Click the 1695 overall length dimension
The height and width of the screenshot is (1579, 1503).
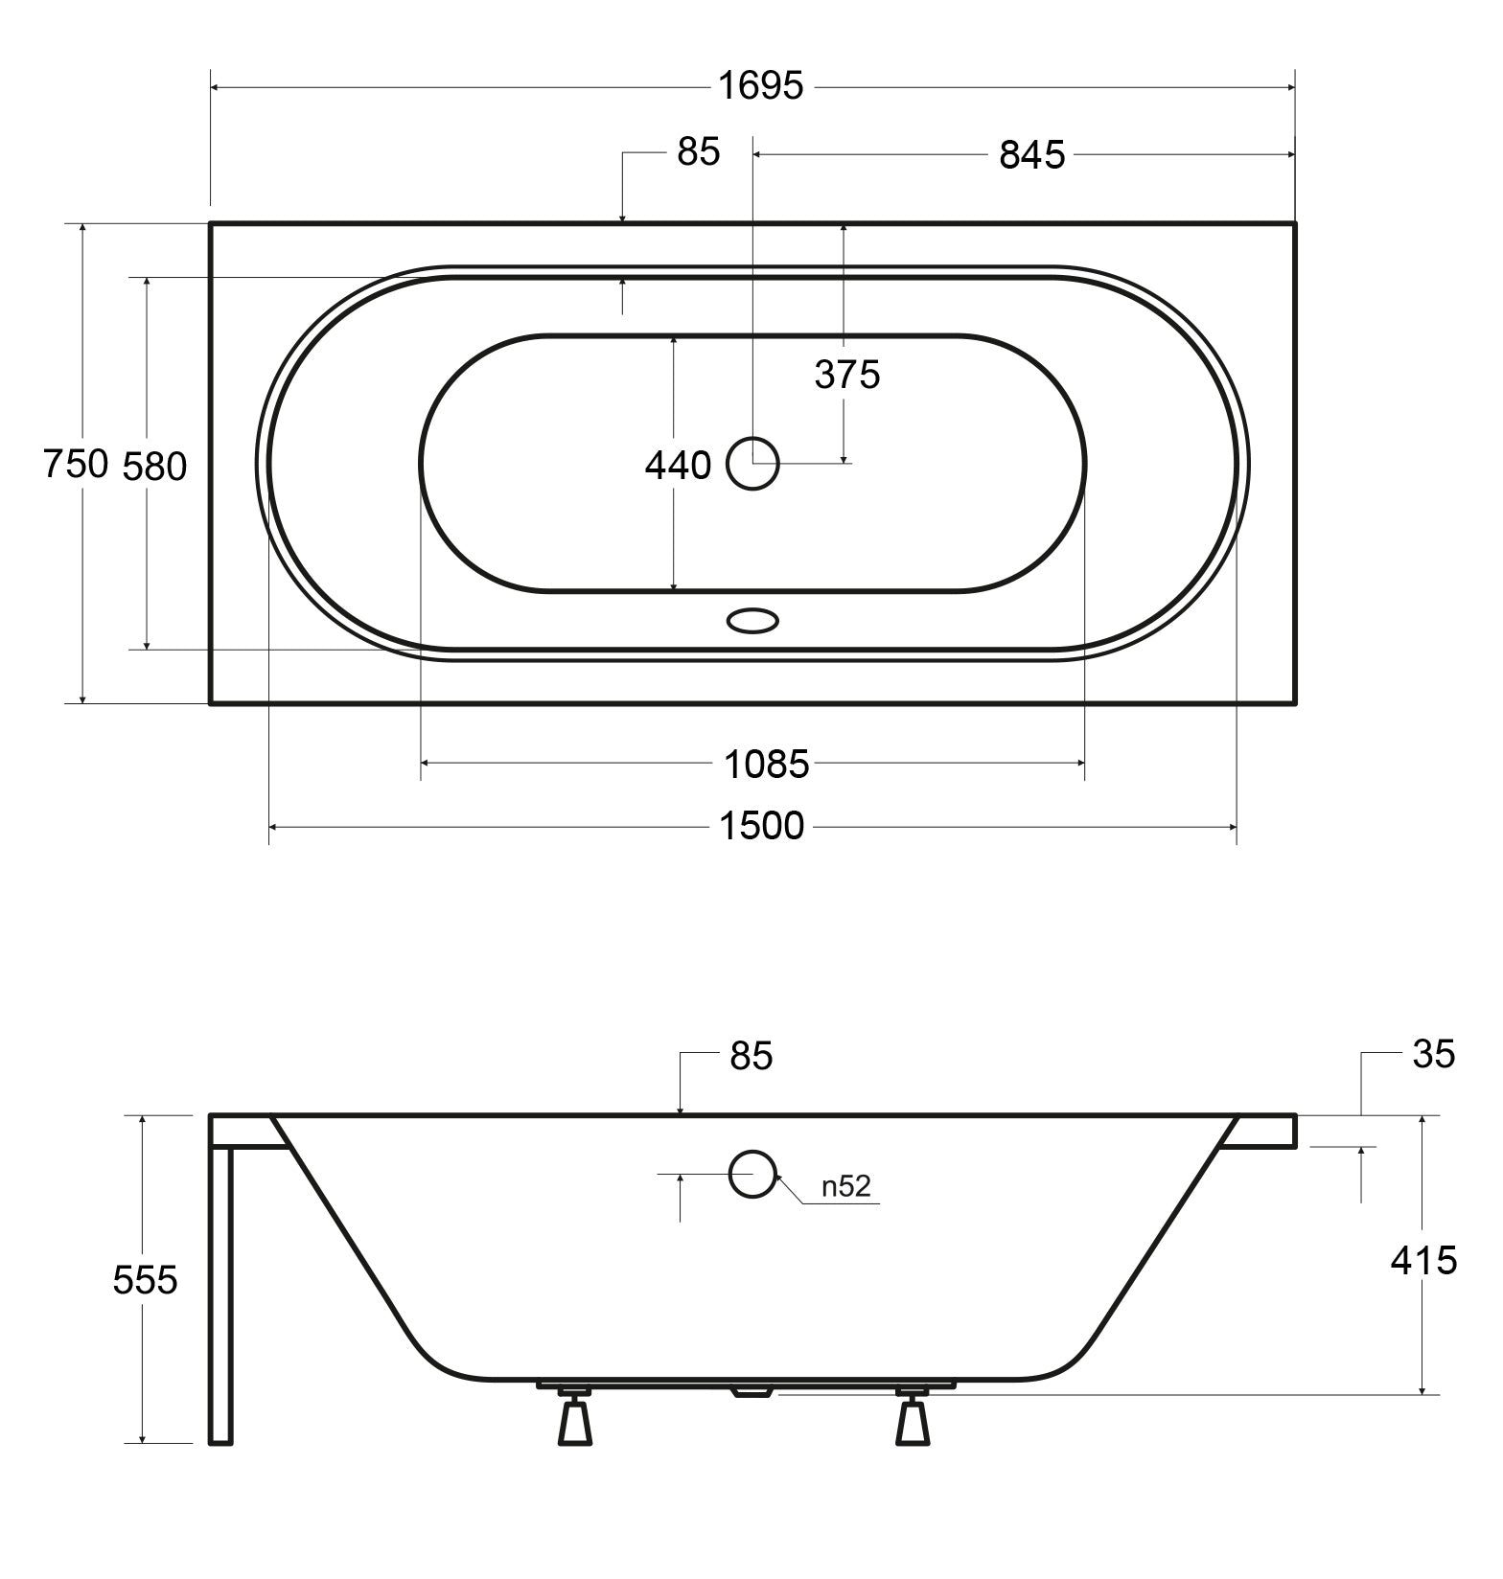point(761,86)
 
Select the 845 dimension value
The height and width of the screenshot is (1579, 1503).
point(1032,155)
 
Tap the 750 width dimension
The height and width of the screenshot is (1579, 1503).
point(76,465)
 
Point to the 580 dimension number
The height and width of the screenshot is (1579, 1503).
point(155,467)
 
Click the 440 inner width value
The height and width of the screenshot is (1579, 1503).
point(678,466)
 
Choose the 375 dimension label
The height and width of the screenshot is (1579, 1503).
point(847,375)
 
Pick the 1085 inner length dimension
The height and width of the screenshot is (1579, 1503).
point(766,765)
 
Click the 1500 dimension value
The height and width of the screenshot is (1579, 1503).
point(762,826)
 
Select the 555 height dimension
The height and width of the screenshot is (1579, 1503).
point(145,1280)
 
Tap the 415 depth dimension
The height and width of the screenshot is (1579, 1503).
point(1423,1261)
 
